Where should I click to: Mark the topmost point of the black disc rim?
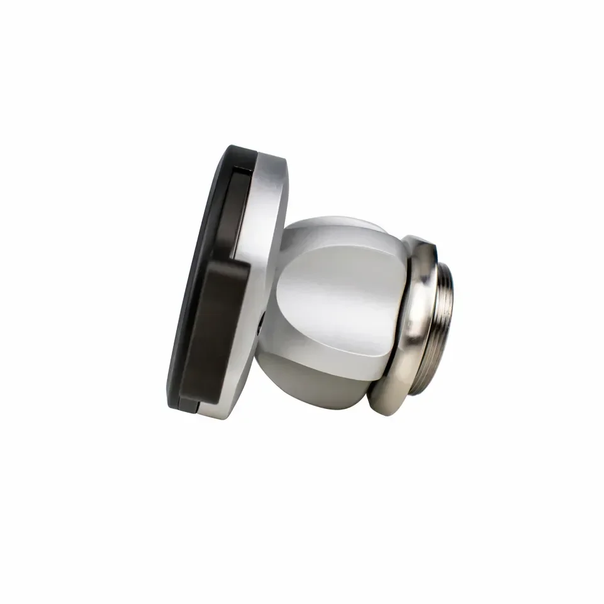(x=236, y=148)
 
